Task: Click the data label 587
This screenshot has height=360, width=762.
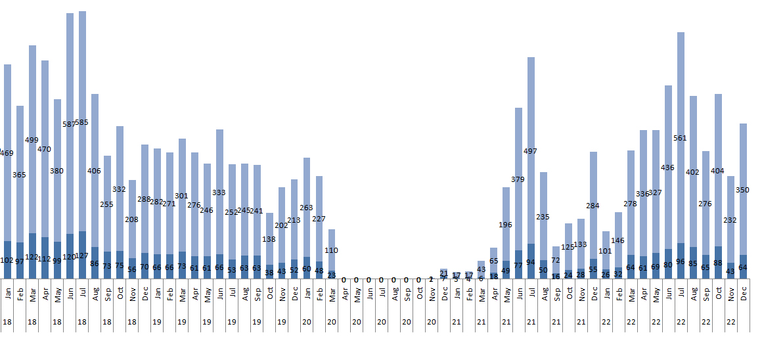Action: click(70, 124)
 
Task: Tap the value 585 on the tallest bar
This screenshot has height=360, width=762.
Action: click(82, 122)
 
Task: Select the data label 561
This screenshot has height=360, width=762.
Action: click(680, 138)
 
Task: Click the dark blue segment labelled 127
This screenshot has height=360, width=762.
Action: click(82, 255)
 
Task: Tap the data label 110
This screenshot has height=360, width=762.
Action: click(332, 250)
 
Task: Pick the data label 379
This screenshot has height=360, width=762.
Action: click(518, 179)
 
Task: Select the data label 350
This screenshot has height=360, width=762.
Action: click(743, 190)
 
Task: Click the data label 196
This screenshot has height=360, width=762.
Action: click(505, 225)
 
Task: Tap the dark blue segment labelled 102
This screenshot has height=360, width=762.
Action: click(7, 259)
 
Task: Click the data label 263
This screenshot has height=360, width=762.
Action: click(307, 208)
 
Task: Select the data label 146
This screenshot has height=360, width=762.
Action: click(617, 240)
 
